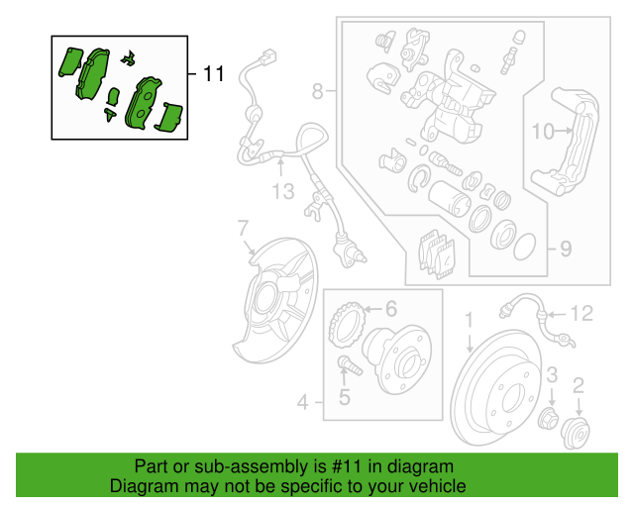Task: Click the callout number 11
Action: pos(214,74)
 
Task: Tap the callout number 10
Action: pos(544,131)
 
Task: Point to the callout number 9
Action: pos(565,249)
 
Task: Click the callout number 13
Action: pos(283,190)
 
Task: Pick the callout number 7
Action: pos(243,232)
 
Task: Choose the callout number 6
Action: pos(390,309)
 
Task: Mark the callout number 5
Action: pos(345,398)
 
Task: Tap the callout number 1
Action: pos(470,320)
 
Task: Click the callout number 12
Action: pos(581,314)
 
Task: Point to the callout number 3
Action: pos(554,373)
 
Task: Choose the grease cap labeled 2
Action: pos(575,432)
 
